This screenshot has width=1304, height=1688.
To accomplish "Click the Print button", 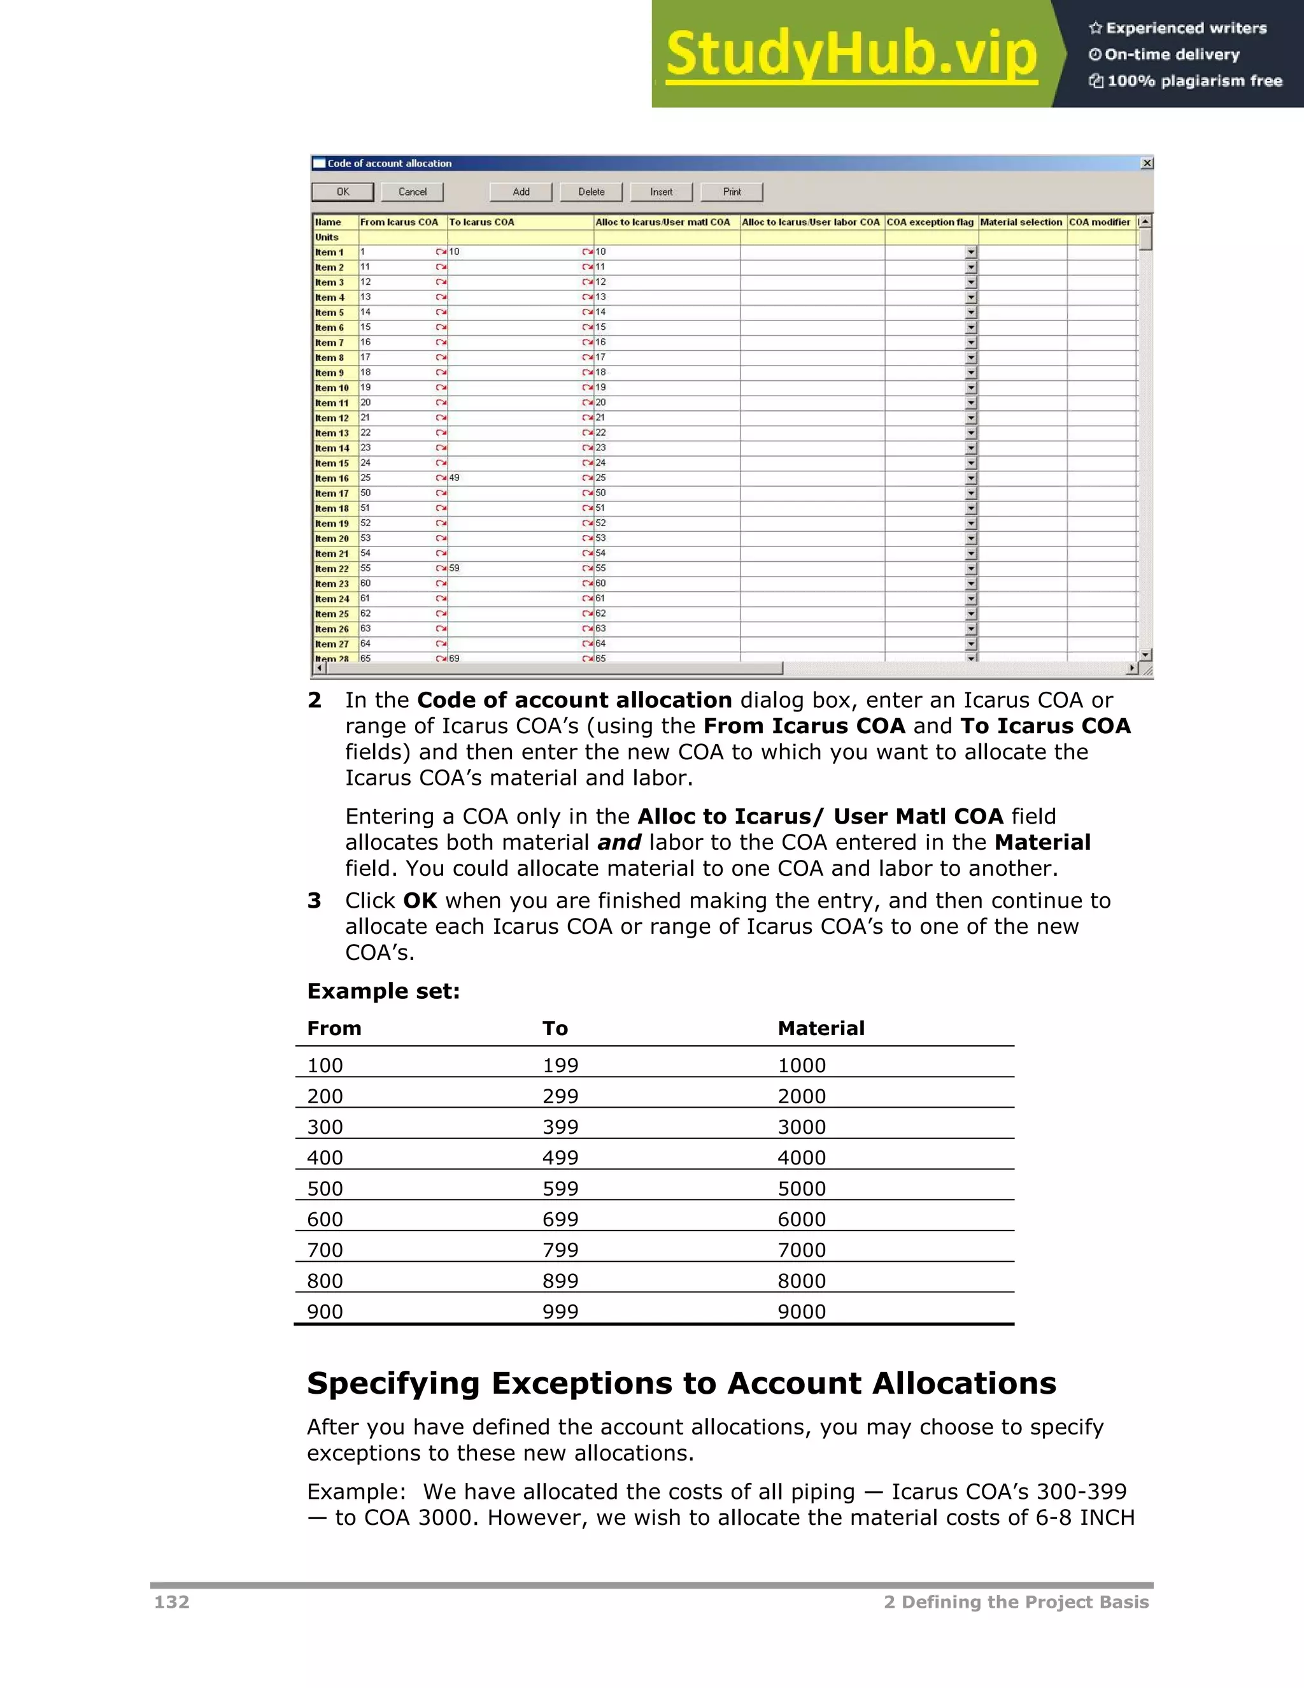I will click(732, 192).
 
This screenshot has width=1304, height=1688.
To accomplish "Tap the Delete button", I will click(591, 192).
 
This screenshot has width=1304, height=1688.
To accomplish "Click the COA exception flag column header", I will click(930, 222).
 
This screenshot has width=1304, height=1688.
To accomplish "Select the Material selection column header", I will click(1021, 222).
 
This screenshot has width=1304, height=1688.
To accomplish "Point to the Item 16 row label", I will click(332, 478).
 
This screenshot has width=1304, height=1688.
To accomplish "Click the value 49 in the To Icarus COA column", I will click(454, 478).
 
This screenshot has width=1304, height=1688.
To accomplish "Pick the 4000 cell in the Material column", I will click(802, 1158).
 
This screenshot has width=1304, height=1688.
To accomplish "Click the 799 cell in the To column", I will click(560, 1250).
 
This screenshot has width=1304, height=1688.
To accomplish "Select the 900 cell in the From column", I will click(325, 1312).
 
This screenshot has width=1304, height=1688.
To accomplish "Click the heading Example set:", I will click(383, 991).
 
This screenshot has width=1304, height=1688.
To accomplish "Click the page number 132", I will click(171, 1602).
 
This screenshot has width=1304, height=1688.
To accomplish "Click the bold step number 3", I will click(314, 901).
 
